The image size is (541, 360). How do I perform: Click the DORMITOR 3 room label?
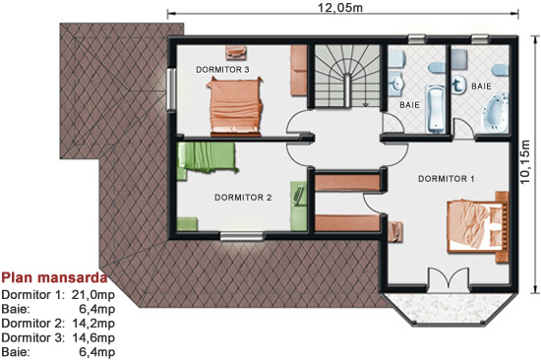tap(222, 70)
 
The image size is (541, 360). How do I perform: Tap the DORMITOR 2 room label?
tap(243, 198)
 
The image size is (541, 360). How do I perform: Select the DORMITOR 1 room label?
tap(447, 179)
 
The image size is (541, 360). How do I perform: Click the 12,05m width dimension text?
tap(340, 7)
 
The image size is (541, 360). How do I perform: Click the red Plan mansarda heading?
tap(54, 277)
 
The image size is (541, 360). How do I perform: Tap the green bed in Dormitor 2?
tap(207, 157)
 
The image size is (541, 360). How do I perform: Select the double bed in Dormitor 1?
tap(478, 227)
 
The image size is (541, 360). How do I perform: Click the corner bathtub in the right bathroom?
tap(496, 112)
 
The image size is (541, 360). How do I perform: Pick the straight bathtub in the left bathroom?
tap(436, 109)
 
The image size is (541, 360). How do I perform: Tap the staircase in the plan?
tap(347, 76)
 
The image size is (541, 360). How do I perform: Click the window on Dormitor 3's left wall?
tap(171, 90)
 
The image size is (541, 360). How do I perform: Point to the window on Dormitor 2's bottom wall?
tap(242, 236)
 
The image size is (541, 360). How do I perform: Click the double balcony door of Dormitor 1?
tap(449, 278)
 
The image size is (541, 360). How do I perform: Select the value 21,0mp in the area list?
tap(93, 295)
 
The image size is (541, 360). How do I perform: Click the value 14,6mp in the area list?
tap(93, 337)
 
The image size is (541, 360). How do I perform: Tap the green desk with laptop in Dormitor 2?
tap(298, 206)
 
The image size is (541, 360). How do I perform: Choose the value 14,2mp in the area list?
tap(93, 324)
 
